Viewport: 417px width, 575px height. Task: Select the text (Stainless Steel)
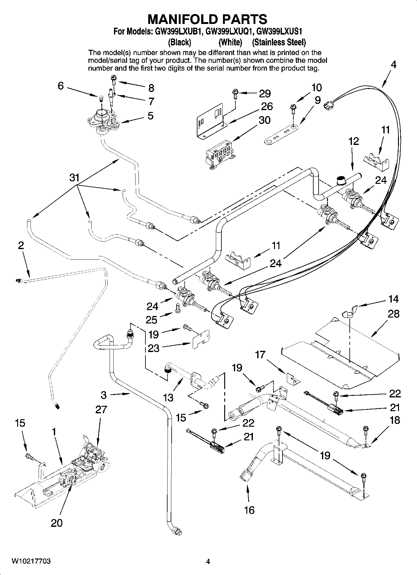pos(278,42)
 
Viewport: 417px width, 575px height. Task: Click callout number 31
pos(74,178)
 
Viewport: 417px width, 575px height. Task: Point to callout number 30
pos(264,120)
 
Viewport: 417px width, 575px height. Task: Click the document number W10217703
pos(31,561)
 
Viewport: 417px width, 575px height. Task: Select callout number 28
pos(393,314)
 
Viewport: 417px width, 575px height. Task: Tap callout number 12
pos(354,141)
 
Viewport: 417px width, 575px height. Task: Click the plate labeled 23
pos(201,340)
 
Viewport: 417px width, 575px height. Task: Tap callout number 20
pos(57,523)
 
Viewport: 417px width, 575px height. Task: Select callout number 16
pos(249,510)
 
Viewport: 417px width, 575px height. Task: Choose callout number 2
pos(21,246)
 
